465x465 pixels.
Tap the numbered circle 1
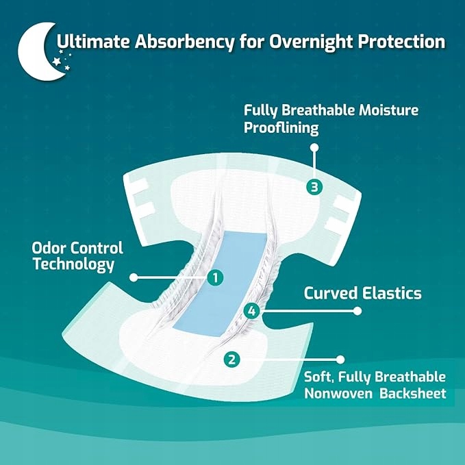coord(215,278)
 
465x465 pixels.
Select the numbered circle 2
coord(231,360)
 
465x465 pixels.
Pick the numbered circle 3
coord(314,187)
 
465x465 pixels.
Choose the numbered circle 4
coord(252,311)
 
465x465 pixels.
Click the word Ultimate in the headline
coord(93,41)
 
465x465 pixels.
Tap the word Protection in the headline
coord(401,41)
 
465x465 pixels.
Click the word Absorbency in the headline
coord(184,42)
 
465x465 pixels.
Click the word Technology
coord(73,264)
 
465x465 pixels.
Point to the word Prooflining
coord(281,128)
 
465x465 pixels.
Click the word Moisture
coord(388,110)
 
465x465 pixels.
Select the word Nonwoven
coord(338,394)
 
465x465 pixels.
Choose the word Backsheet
coord(413,393)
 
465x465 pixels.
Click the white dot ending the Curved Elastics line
coord(357,311)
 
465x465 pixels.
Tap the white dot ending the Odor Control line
coord(134,277)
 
